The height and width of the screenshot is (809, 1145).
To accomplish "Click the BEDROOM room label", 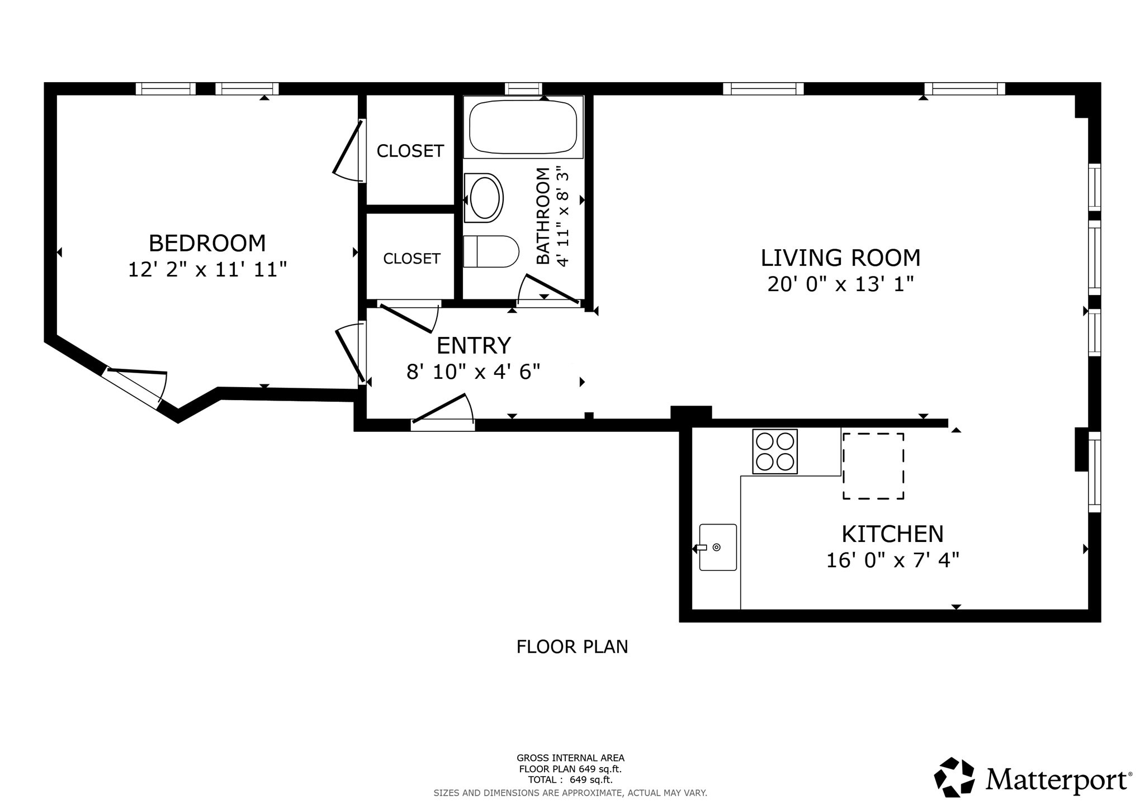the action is tap(207, 244).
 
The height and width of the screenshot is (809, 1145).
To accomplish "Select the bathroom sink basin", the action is tap(484, 198).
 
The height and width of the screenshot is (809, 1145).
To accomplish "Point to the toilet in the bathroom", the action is tap(491, 251).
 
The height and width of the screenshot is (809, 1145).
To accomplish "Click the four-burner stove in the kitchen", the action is tap(775, 451).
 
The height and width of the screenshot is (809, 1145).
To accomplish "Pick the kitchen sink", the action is tap(718, 547).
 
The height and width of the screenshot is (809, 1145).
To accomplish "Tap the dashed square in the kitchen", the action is tap(873, 466).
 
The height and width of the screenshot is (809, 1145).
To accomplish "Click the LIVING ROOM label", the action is tap(840, 258).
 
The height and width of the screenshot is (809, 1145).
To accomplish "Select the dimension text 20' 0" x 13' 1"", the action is tap(840, 284).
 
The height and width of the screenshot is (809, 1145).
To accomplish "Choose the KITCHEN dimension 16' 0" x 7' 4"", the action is tap(893, 560).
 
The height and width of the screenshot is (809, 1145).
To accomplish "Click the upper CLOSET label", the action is tap(410, 151).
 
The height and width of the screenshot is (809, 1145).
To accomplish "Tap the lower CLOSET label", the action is tap(411, 258).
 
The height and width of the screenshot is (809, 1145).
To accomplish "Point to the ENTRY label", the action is tap(474, 345).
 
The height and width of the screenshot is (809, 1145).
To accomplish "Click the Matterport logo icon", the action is tap(954, 777).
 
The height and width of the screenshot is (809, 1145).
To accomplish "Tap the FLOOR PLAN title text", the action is tap(572, 647).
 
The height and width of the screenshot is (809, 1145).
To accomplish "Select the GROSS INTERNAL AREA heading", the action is tap(570, 758).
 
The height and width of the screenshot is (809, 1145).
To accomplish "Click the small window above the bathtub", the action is tap(523, 89).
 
